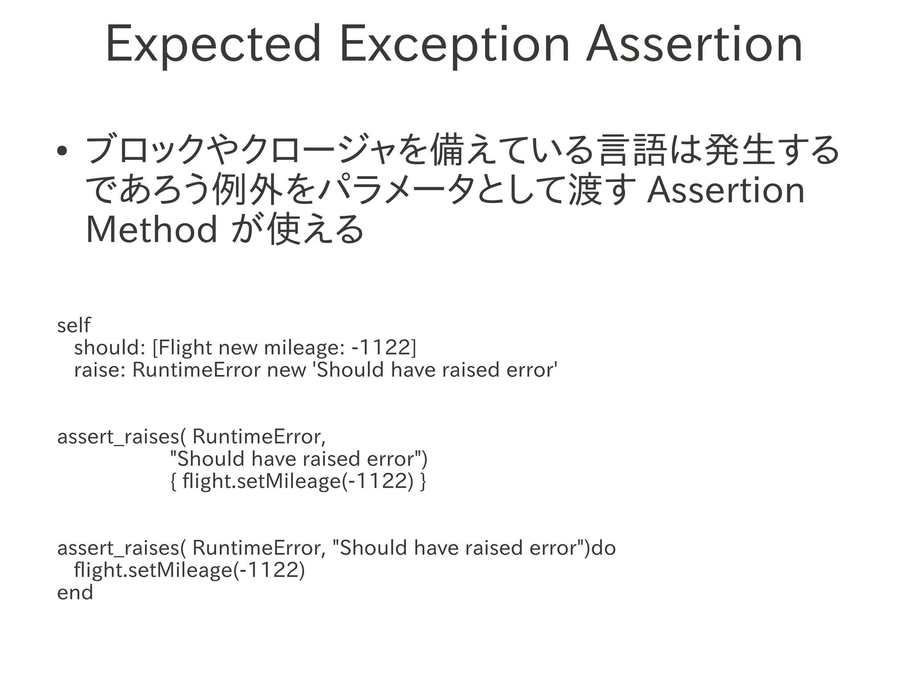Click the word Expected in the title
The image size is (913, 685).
click(213, 45)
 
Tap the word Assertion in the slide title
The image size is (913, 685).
click(694, 45)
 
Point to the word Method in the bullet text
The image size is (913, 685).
click(152, 229)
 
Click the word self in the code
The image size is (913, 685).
click(74, 325)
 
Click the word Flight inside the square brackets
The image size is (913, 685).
click(183, 347)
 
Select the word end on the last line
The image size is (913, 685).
click(75, 592)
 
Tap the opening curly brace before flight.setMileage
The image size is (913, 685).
click(174, 481)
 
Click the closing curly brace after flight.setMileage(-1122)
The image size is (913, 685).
click(423, 481)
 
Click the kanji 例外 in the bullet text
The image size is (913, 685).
click(247, 190)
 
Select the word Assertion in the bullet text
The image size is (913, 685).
click(726, 190)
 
